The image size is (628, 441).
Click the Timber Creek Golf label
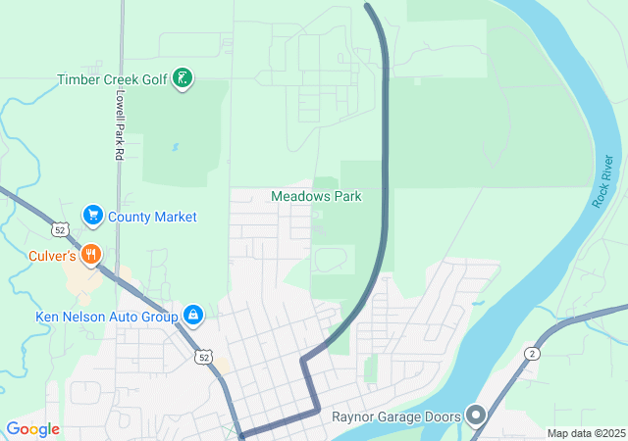coord(113,79)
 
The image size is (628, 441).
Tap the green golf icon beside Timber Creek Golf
coord(182,78)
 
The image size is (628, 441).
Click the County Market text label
coord(152,217)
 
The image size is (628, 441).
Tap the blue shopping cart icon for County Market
coord(93,215)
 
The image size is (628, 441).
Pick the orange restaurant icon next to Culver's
coord(91,255)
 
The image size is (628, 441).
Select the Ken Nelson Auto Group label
coord(106,317)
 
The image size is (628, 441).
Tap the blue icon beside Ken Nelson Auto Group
coord(193,316)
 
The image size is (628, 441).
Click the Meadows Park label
coord(316,196)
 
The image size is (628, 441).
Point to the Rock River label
coord(602,180)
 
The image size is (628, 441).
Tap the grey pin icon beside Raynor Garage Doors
coord(476,416)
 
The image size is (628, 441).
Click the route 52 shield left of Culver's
coord(61,229)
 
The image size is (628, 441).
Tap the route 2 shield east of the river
coord(532,353)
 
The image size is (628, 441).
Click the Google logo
coord(32,429)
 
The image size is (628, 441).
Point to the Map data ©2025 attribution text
coord(586,433)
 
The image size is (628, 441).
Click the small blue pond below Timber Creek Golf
coord(175,147)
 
